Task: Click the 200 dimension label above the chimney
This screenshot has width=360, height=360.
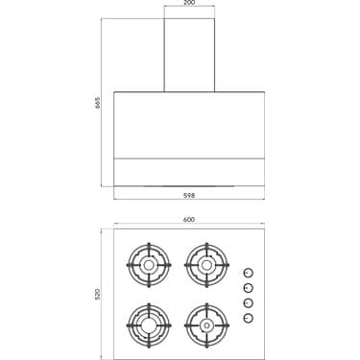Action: tap(189, 3)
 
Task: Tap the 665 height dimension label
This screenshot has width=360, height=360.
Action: tap(98, 103)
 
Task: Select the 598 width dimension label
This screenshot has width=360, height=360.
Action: tap(189, 195)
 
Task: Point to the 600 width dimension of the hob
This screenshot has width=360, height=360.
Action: tap(189, 220)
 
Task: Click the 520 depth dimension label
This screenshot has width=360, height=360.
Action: tap(98, 294)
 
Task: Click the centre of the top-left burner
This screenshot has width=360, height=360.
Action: tap(149, 265)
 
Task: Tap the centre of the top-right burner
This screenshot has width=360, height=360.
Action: tap(206, 265)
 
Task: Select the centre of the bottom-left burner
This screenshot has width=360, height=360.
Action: tap(149, 325)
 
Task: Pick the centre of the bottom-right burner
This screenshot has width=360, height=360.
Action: tap(206, 325)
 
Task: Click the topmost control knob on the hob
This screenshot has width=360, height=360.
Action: tap(248, 273)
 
